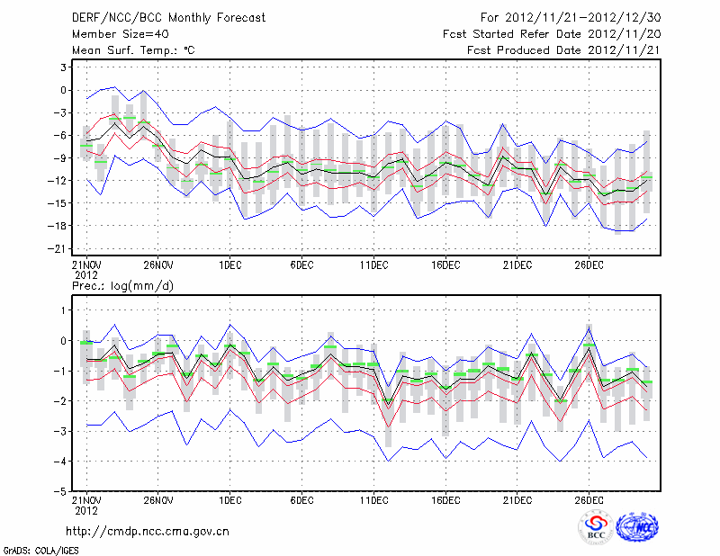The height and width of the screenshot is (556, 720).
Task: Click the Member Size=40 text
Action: [120, 34]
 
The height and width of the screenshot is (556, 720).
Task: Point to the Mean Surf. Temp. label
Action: [133, 50]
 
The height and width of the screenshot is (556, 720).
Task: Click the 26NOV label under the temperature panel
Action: [157, 265]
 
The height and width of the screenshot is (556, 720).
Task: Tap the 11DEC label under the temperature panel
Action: [373, 265]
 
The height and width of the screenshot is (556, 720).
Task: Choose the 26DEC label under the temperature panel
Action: [589, 265]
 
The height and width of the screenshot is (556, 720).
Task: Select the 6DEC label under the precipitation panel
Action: [301, 499]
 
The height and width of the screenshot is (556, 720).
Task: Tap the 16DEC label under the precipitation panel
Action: [445, 499]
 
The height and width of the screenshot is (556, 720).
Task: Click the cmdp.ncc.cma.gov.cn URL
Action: [148, 531]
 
